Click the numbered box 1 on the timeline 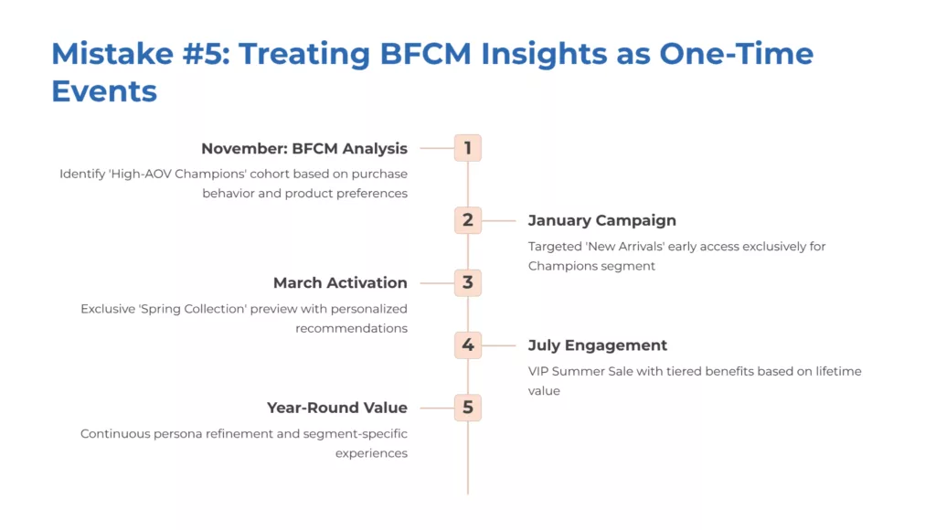[467, 148]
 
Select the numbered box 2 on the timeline [467, 220]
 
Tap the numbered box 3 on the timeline [467, 282]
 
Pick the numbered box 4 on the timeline [467, 345]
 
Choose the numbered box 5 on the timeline [467, 408]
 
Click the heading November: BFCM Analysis [304, 148]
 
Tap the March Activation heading [340, 282]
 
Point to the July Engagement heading [598, 345]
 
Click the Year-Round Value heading [337, 408]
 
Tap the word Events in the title [104, 91]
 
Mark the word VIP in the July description [540, 371]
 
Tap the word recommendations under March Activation [351, 328]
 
